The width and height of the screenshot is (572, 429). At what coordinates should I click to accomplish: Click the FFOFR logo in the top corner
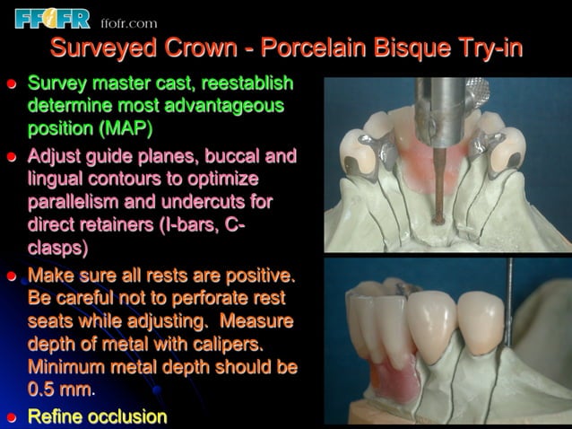tap(53, 17)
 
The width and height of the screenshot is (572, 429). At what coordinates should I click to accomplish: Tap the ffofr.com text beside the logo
tap(129, 22)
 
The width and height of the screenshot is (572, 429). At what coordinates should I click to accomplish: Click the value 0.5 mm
tap(59, 390)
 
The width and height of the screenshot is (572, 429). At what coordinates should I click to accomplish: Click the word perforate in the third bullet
tap(200, 297)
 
